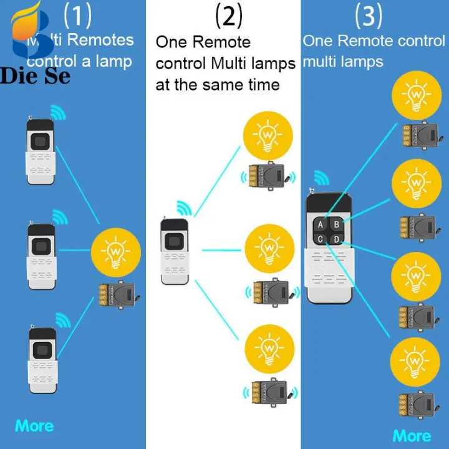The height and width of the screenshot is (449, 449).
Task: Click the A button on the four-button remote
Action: coord(321,224)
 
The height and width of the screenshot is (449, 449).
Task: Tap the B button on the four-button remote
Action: coord(337,224)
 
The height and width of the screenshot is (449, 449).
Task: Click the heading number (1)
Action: coord(78,16)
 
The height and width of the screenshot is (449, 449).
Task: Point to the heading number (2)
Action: coord(228,16)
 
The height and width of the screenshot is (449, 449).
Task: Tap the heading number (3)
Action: coord(368,16)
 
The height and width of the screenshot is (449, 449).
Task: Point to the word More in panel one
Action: coord(34,426)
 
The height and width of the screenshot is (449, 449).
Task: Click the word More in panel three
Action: coord(412,435)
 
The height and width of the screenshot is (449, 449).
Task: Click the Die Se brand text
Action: coord(35,76)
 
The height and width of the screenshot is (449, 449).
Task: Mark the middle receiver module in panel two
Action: coord(272,292)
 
